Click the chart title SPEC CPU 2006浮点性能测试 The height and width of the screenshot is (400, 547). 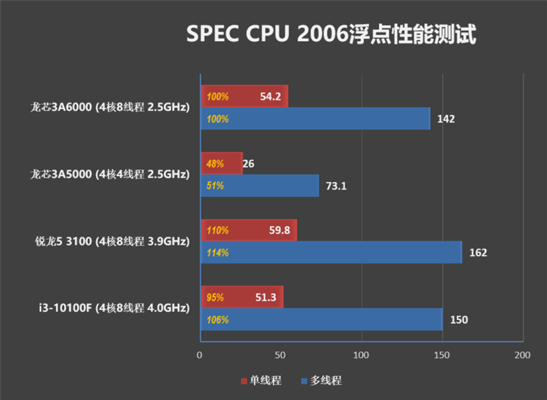[x=331, y=35]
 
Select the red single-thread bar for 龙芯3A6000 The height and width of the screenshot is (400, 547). [x=244, y=96]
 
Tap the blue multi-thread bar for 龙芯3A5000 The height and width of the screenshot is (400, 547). [x=259, y=186]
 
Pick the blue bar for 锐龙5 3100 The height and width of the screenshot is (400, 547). [x=331, y=252]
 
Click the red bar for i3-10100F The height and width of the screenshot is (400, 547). [x=242, y=297]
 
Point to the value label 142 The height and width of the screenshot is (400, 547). [x=446, y=119]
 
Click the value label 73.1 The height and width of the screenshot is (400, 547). [x=336, y=186]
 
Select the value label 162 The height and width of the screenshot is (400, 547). [x=478, y=253]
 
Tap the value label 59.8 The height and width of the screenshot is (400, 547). [x=280, y=230]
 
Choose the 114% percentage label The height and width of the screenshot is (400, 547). [x=218, y=253]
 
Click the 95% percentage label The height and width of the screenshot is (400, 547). [x=215, y=298]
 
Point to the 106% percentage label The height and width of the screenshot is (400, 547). [x=218, y=320]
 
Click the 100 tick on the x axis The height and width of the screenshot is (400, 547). [x=361, y=355]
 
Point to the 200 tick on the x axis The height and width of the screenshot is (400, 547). [x=523, y=355]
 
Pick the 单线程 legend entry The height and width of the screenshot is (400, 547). [x=261, y=381]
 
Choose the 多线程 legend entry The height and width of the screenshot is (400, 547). [x=321, y=381]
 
